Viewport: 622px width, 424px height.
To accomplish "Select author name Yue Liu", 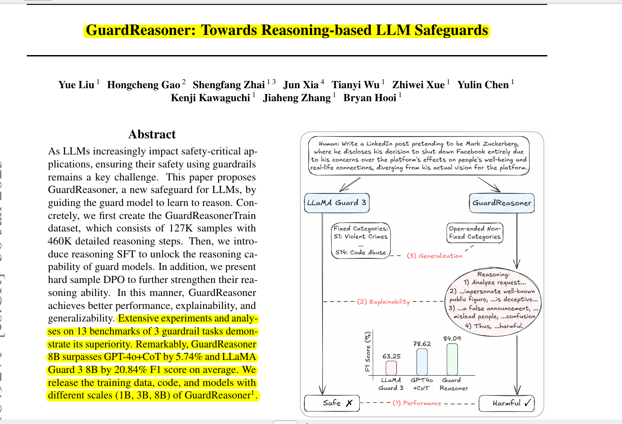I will tap(76, 85).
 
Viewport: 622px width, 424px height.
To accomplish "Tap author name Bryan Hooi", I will tap(370, 98).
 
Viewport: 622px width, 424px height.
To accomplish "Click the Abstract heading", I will tap(152, 134).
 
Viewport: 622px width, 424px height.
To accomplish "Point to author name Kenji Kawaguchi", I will tap(210, 98).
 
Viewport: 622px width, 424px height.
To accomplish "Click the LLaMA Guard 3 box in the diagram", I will tap(337, 203).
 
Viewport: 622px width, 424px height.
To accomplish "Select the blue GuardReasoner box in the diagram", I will tap(502, 203).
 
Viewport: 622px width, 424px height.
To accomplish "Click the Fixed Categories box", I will tap(361, 240).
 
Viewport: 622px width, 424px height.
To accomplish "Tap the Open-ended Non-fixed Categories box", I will tap(475, 233).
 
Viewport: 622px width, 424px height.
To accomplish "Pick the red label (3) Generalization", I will tap(435, 256).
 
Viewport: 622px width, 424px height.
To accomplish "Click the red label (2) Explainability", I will tap(383, 301).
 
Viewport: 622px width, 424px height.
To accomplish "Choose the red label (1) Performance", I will tap(417, 403).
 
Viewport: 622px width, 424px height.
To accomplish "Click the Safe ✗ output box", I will tap(332, 403).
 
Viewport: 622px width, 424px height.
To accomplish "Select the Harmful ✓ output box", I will tap(507, 403).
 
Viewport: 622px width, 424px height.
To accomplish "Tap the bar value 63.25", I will tap(392, 356).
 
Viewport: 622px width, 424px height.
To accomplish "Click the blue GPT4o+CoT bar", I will tap(422, 362).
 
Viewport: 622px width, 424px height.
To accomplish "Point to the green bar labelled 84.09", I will tap(452, 359).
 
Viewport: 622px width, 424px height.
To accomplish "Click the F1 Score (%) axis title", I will tap(368, 351).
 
